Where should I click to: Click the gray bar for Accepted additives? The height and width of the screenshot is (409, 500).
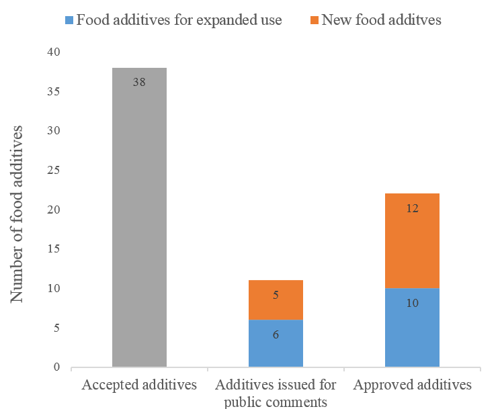139,222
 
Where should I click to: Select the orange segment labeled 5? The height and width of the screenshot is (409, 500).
276,300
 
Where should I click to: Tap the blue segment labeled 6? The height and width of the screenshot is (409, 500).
276,343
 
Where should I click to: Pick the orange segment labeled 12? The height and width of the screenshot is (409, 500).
412,240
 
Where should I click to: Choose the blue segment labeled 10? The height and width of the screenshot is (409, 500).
412,328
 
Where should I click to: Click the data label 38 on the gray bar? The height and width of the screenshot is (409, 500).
139,82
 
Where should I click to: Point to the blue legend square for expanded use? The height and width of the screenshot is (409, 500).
69,20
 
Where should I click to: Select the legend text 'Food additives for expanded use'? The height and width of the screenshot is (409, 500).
179,20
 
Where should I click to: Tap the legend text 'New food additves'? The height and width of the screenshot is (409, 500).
381,20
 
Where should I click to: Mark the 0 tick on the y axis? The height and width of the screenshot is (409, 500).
56,367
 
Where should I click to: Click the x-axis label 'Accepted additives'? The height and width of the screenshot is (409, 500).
139,385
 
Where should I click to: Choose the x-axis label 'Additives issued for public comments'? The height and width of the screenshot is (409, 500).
276,394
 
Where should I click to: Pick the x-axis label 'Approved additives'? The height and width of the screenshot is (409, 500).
412,385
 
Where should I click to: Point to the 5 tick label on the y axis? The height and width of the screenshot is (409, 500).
56,328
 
